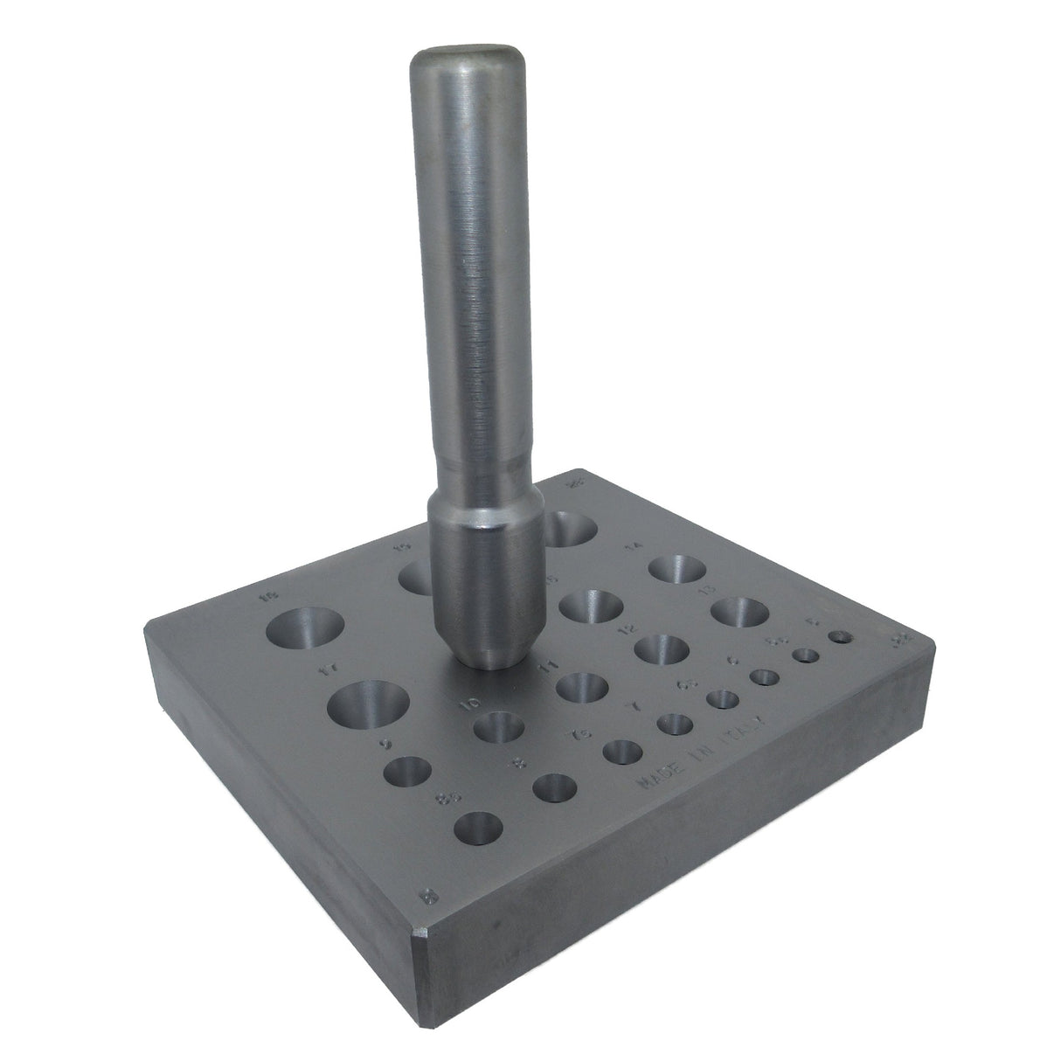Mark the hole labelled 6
point(765,676)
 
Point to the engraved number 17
point(329,671)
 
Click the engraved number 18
point(269,598)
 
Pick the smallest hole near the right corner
point(843,637)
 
